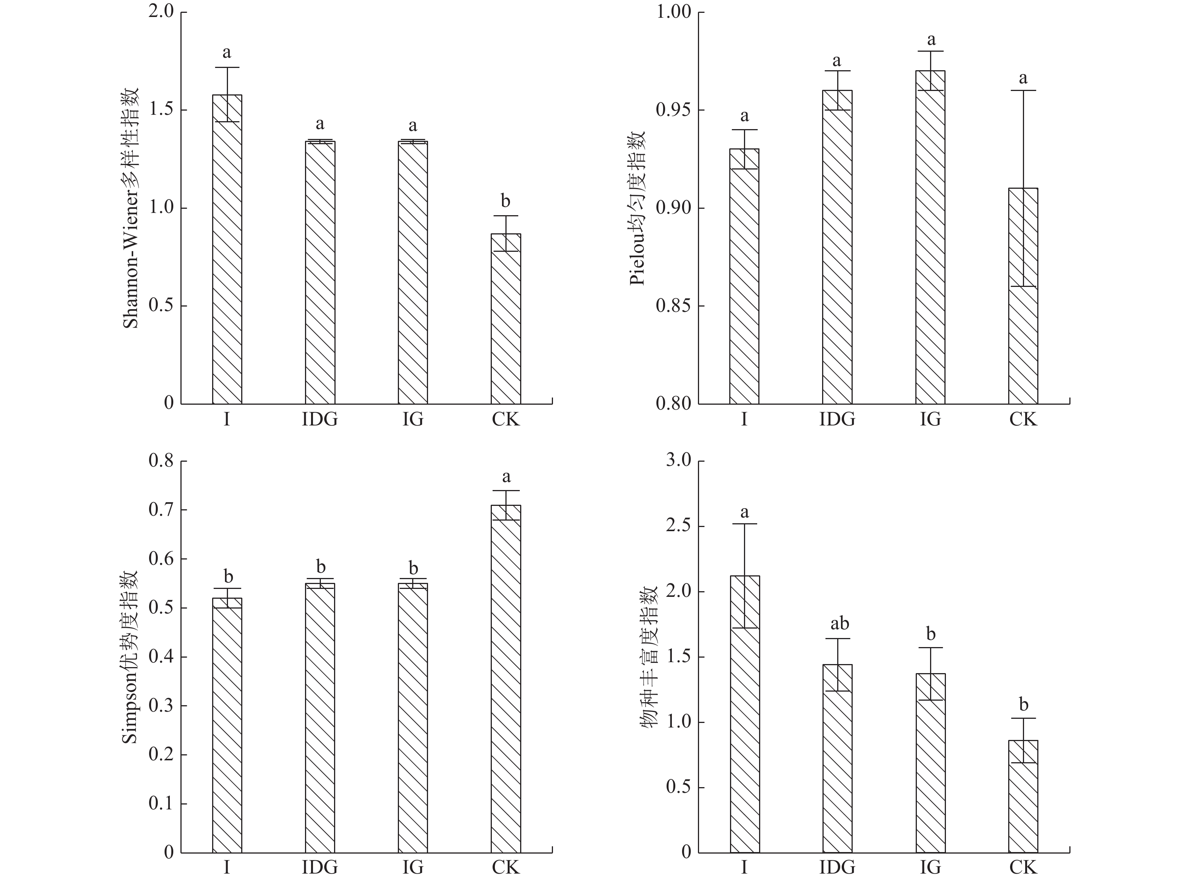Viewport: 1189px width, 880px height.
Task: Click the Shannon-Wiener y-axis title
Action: point(131,208)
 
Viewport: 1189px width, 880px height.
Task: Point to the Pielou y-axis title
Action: point(638,208)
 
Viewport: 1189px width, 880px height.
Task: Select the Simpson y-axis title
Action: point(131,657)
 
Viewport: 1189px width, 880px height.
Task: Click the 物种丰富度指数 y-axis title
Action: point(648,657)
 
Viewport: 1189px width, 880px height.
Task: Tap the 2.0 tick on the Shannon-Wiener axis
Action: point(161,12)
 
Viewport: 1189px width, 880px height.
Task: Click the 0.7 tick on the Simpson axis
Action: point(161,510)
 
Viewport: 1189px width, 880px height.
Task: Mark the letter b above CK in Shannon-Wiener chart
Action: point(505,201)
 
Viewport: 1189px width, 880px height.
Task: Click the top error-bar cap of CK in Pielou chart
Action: point(1023,91)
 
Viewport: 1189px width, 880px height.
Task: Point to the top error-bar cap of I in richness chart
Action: point(744,524)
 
